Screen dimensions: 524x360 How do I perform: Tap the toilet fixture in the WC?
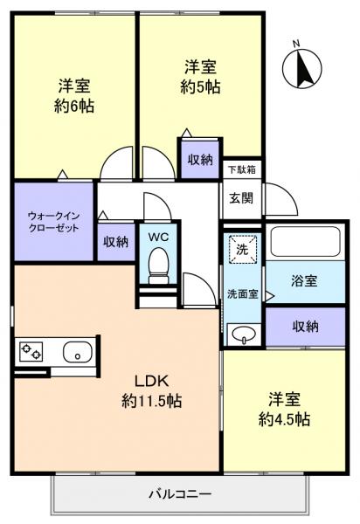pos(158,264)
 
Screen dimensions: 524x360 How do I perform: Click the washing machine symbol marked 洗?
pos(242,248)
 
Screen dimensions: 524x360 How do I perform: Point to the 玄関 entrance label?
pos(240,197)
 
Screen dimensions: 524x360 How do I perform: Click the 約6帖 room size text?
pos(74,106)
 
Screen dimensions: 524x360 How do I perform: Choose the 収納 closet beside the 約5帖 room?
pos(199,159)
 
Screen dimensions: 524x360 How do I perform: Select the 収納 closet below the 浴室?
pos(305,326)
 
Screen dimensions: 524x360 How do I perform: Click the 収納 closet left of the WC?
pos(115,242)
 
